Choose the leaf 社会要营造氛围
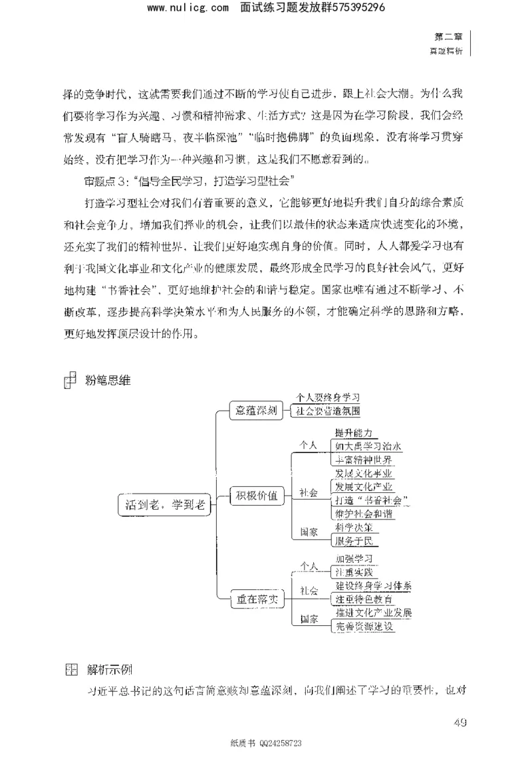click(x=328, y=411)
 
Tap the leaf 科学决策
click(x=354, y=527)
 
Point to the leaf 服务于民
click(x=354, y=541)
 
